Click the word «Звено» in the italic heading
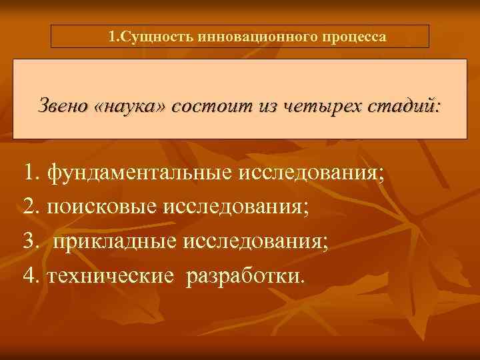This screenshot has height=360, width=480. pos(63,107)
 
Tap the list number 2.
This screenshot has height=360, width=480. pos(29,208)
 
